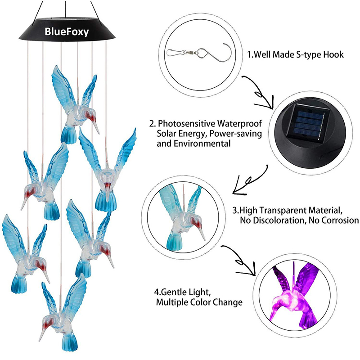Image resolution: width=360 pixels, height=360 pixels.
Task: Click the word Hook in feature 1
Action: [334, 55]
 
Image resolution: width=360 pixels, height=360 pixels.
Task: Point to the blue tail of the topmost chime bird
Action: [69, 134]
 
